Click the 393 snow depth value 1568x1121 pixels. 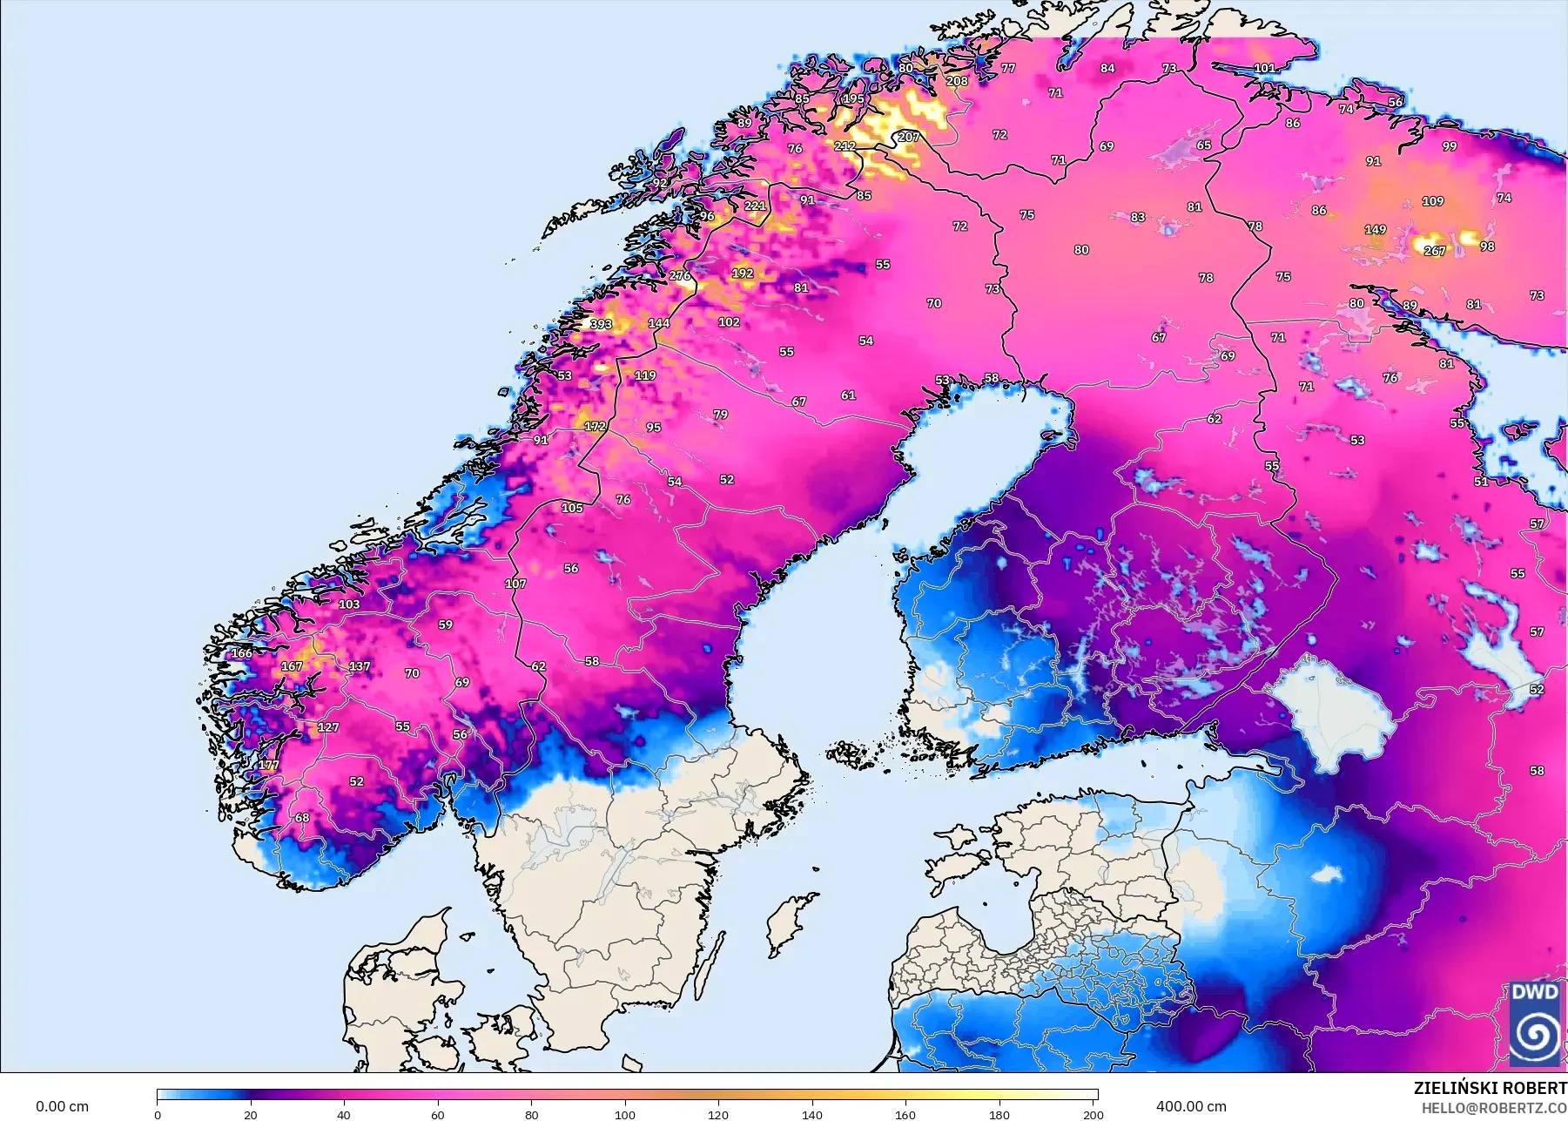pyautogui.click(x=601, y=324)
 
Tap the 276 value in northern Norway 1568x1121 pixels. pyautogui.click(x=680, y=276)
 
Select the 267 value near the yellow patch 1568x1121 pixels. pyautogui.click(x=1434, y=251)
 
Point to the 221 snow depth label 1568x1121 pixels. pyautogui.click(x=755, y=206)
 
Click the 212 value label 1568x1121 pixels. pyautogui.click(x=845, y=145)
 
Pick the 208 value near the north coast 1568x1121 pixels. pyautogui.click(x=957, y=81)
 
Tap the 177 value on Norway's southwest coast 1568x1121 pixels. pyautogui.click(x=269, y=766)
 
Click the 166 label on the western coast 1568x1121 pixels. pyautogui.click(x=241, y=652)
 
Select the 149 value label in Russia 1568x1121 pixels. pyautogui.click(x=1375, y=230)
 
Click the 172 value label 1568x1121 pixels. pyautogui.click(x=595, y=426)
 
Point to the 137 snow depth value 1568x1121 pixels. pyautogui.click(x=360, y=666)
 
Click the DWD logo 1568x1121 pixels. pyautogui.click(x=1535, y=1023)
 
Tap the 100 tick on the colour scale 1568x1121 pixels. pyautogui.click(x=624, y=1114)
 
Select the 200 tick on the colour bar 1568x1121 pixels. pyautogui.click(x=1093, y=1114)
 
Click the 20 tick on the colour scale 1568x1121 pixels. pyautogui.click(x=251, y=1114)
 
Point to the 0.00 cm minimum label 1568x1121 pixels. pyautogui.click(x=62, y=1106)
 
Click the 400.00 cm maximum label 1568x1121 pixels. pyautogui.click(x=1190, y=1106)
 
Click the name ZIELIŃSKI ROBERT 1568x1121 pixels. pyautogui.click(x=1490, y=1088)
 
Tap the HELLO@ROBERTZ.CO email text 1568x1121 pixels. pyautogui.click(x=1494, y=1108)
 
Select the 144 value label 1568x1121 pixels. pyautogui.click(x=659, y=323)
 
